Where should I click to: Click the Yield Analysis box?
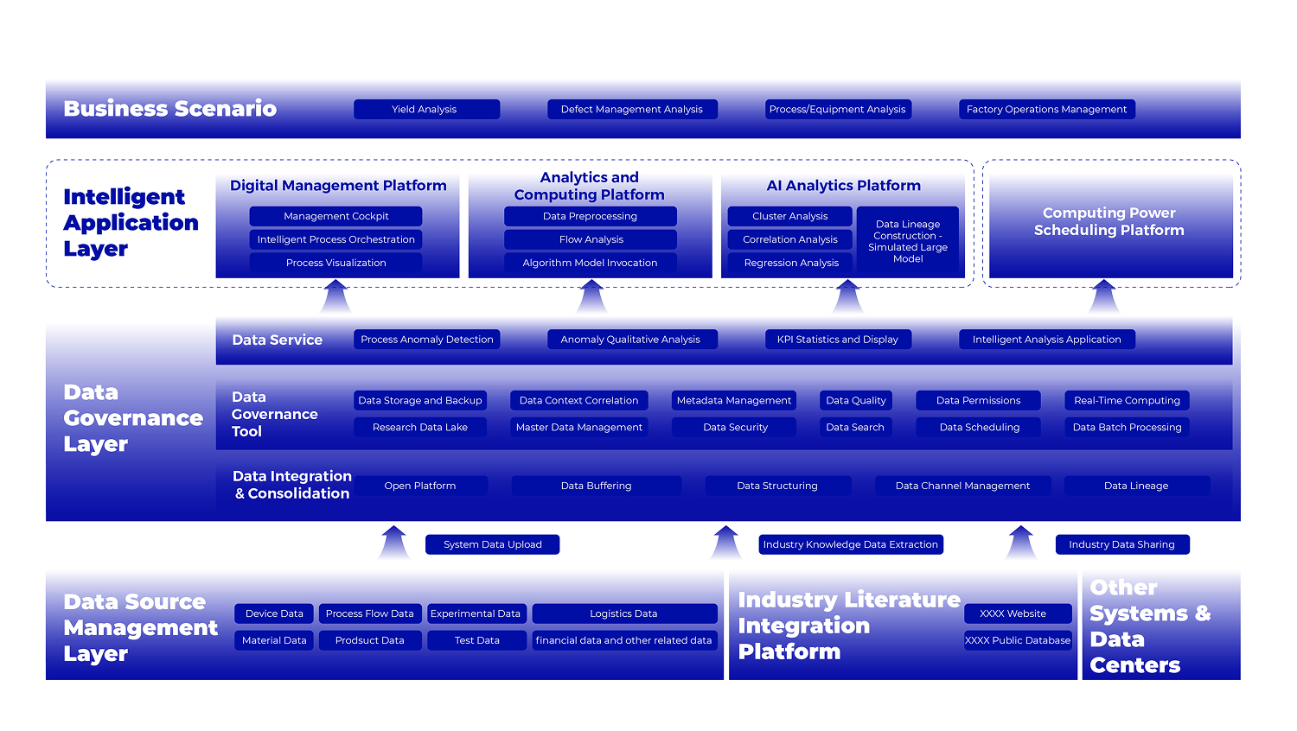click(x=427, y=110)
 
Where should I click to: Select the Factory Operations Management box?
click(x=1047, y=110)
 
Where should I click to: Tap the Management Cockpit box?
click(x=335, y=217)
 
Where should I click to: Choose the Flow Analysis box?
click(x=591, y=239)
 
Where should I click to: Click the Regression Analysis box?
click(x=790, y=263)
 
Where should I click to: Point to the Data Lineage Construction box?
click(x=908, y=239)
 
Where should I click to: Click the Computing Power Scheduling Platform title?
click(x=1109, y=222)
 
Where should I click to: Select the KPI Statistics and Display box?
click(x=839, y=340)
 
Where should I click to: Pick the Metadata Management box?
click(x=734, y=401)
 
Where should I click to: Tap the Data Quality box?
click(x=856, y=401)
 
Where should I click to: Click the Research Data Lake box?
click(x=420, y=428)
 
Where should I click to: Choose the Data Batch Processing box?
click(x=1128, y=428)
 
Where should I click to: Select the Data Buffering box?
click(x=597, y=486)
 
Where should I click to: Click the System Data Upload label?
click(x=493, y=544)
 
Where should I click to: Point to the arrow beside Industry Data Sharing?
click(x=1021, y=543)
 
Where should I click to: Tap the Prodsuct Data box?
click(x=370, y=641)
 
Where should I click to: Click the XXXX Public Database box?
click(x=1018, y=641)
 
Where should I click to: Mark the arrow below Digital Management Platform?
click(x=335, y=296)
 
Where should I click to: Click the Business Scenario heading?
click(x=170, y=109)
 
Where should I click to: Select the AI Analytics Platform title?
click(x=844, y=186)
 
